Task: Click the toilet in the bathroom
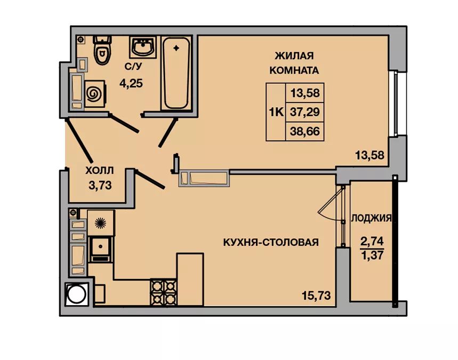102,50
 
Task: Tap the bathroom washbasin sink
143,47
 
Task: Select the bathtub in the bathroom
176,73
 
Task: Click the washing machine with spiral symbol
94,94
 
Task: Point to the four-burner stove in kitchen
163,292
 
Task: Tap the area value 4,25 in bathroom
131,84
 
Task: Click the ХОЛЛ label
100,170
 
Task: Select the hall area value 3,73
100,185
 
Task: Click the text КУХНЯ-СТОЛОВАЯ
271,242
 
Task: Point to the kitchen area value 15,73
316,295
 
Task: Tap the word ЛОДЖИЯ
371,218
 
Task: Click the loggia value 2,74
372,242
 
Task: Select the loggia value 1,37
372,255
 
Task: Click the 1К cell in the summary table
276,112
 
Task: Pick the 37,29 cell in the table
304,112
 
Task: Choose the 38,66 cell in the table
304,131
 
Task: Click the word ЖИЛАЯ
294,55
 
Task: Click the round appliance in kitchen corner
77,294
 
